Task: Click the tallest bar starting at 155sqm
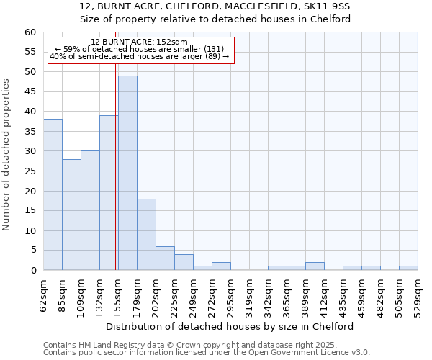tap(127, 173)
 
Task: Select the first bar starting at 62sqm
tap(53, 194)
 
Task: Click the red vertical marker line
tap(116, 166)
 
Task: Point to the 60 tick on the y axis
tap(30, 32)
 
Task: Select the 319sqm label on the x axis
tap(249, 295)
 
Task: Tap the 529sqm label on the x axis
tap(418, 295)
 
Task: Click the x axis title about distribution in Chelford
tap(230, 326)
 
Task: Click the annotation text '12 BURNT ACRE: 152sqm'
tap(140, 42)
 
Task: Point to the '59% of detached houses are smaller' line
tap(140, 49)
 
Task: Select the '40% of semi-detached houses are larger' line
tap(140, 56)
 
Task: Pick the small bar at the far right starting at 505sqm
tap(408, 268)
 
